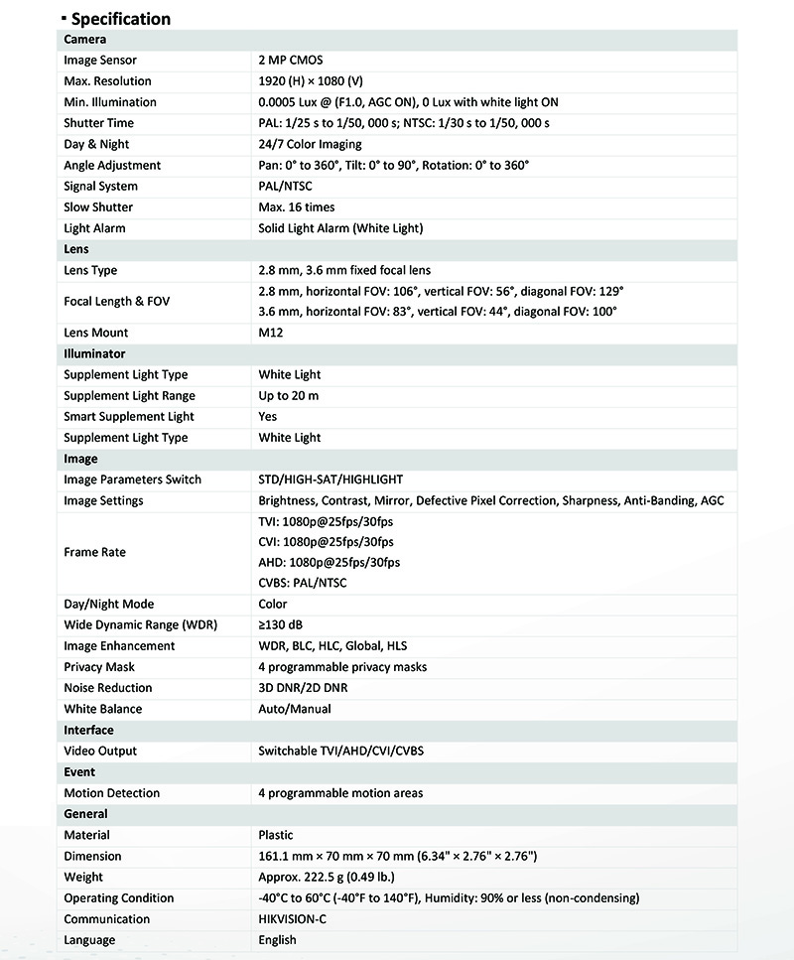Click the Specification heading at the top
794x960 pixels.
coord(120,19)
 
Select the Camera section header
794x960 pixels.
coord(85,40)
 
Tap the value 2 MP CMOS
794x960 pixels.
coord(290,61)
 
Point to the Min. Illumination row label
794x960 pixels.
coord(110,102)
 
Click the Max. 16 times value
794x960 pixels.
coord(297,207)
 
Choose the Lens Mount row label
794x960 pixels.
coord(96,334)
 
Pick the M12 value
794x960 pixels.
coord(271,334)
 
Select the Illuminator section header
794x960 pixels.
coord(94,353)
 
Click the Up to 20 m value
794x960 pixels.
coord(289,396)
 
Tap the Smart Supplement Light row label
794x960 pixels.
coord(129,417)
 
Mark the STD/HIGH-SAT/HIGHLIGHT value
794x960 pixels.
coord(331,480)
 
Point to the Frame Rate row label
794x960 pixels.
coord(95,552)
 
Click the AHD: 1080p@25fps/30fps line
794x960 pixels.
coord(329,563)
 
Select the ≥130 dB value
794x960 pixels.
coord(280,625)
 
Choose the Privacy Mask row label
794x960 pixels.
coord(99,667)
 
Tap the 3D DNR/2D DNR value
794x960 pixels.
coord(303,688)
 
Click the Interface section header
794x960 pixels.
coord(89,730)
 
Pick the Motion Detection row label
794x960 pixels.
coord(111,793)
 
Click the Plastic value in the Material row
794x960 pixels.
coord(276,835)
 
